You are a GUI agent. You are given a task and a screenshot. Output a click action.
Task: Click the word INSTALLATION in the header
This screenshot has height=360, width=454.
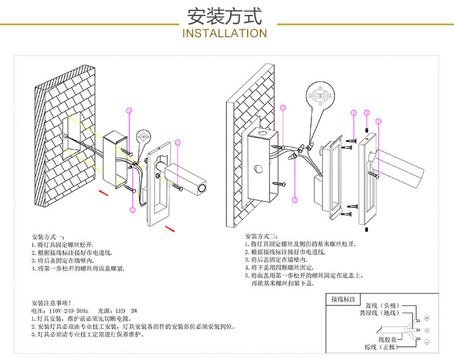tap(225, 33)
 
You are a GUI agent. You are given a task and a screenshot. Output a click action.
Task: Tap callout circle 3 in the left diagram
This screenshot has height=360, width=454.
tap(129, 110)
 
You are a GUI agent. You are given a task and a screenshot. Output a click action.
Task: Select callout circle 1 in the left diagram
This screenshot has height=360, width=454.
tap(178, 142)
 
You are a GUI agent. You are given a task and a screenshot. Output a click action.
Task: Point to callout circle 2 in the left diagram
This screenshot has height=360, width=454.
tap(133, 210)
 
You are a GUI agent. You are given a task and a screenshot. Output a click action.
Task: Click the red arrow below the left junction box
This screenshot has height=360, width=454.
tap(103, 193)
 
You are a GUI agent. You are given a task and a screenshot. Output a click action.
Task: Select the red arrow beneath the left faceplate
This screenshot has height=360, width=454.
tap(170, 230)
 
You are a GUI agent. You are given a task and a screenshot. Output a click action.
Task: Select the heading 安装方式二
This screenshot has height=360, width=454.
tap(261, 237)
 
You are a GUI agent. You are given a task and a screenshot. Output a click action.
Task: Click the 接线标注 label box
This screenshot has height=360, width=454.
tap(344, 300)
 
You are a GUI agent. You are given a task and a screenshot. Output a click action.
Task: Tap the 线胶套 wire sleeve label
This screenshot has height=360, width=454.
tap(387, 339)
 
